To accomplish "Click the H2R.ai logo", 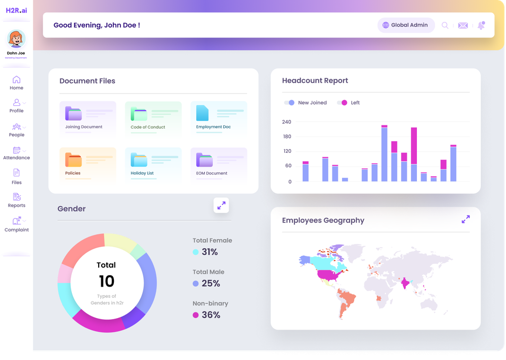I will pyautogui.click(x=16, y=10).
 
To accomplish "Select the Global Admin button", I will pyautogui.click(x=406, y=25).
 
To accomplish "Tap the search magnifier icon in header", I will pyautogui.click(x=445, y=25).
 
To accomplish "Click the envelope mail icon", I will pyautogui.click(x=462, y=25).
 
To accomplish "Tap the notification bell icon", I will pyautogui.click(x=481, y=25).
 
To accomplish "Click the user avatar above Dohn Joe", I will pyautogui.click(x=16, y=39).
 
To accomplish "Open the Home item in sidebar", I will pyautogui.click(x=16, y=82).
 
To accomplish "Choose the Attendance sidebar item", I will pyautogui.click(x=16, y=153).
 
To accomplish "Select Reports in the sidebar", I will pyautogui.click(x=16, y=200).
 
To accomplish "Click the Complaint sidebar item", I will pyautogui.click(x=16, y=224).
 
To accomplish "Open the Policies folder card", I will pyautogui.click(x=88, y=164).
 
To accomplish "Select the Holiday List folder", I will pyautogui.click(x=153, y=164).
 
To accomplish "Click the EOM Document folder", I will pyautogui.click(x=219, y=164).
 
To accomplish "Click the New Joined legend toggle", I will pyautogui.click(x=289, y=103).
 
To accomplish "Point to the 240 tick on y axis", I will pyautogui.click(x=286, y=122).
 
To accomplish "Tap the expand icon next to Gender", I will pyautogui.click(x=221, y=205).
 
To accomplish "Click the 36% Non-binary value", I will pyautogui.click(x=210, y=315).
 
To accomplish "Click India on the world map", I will pyautogui.click(x=405, y=283).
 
